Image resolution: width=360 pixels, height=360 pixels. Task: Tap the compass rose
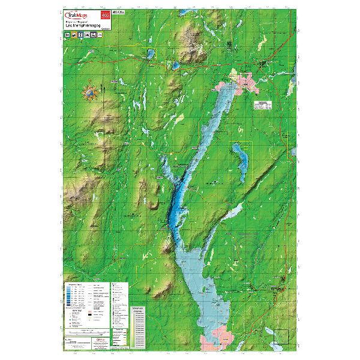(91, 94)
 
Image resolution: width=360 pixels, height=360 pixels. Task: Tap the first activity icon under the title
(67, 36)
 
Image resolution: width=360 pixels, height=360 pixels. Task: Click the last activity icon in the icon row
(103, 36)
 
